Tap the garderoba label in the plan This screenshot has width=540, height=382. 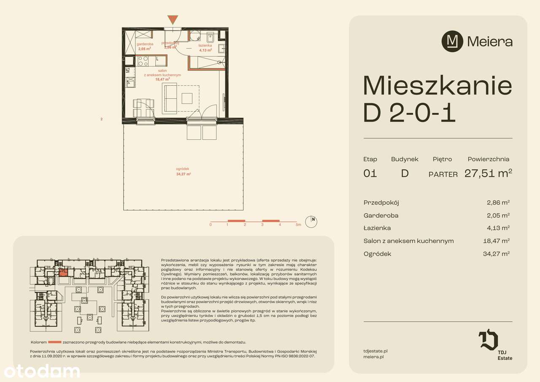click(144, 44)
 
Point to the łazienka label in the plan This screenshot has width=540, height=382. click(205, 45)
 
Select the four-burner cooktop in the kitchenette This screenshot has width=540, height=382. click(143, 61)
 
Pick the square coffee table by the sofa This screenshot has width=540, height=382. click(187, 98)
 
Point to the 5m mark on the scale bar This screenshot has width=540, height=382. click(298, 225)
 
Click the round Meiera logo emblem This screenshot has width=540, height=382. click(452, 42)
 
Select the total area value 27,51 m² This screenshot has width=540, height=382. click(488, 173)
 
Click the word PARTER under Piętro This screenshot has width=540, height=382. click(443, 174)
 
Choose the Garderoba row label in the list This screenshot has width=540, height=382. click(381, 215)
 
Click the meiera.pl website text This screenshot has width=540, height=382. click(373, 357)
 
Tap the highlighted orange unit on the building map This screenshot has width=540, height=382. click(63, 272)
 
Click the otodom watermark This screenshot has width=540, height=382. click(42, 371)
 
